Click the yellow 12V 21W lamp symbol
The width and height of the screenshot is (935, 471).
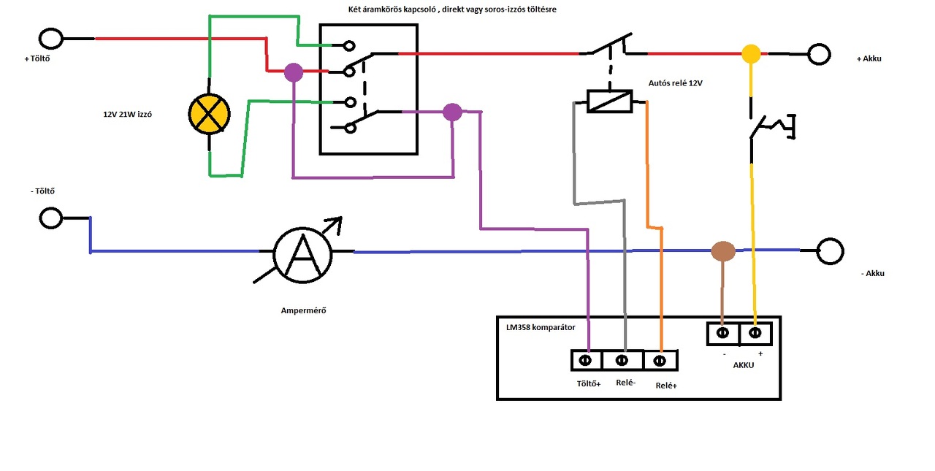tap(209, 115)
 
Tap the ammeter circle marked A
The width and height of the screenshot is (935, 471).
tap(303, 253)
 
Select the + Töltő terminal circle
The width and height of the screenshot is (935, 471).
tap(50, 38)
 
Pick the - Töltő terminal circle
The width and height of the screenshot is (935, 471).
tap(50, 218)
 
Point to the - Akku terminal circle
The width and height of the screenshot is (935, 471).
tap(831, 250)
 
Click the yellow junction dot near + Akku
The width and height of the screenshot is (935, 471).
tap(751, 53)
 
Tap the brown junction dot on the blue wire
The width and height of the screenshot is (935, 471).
tap(722, 251)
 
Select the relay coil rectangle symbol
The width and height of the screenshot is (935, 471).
tap(609, 101)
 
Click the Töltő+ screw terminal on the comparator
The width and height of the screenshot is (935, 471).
tap(586, 360)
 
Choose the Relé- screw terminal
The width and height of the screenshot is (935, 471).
tap(622, 360)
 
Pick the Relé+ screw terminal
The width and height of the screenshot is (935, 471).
tap(660, 360)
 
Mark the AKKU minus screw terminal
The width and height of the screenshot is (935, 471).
tap(723, 333)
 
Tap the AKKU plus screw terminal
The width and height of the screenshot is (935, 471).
tap(756, 333)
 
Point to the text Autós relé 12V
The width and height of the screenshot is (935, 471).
tap(675, 83)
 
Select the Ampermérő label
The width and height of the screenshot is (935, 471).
tap(303, 310)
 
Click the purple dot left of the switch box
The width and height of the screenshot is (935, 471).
tap(294, 72)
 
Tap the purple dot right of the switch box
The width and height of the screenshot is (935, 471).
tap(453, 112)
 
